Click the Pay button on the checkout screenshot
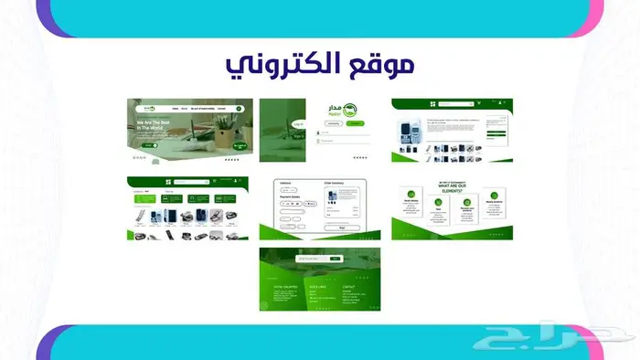(x=342, y=227)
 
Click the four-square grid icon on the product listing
(x=168, y=182)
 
